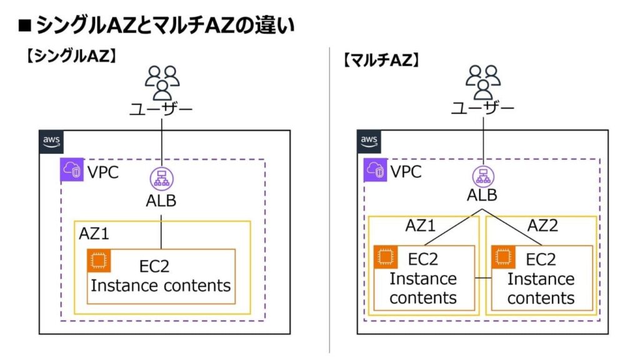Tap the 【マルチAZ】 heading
coord(381,60)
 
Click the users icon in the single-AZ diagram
coord(162,82)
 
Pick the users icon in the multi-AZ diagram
coord(483,82)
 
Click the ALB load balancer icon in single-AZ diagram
coord(161,179)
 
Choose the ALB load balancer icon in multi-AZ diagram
coord(482,177)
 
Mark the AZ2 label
coord(542,226)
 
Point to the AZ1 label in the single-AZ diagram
coord(95,233)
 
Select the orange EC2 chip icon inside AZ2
coord(504,257)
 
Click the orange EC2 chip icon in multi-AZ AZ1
coord(386,257)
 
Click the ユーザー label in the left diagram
coord(161,109)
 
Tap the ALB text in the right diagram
coord(482,195)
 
